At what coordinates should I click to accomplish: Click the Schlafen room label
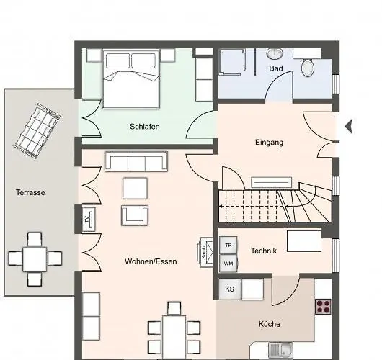point(145,127)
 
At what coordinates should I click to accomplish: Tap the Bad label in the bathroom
point(275,68)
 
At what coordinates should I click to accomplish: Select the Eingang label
point(269,143)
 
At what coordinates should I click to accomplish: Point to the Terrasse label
point(31,192)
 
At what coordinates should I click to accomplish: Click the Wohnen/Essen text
point(151,261)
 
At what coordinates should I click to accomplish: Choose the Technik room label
point(264,251)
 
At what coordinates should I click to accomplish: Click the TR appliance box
point(228,246)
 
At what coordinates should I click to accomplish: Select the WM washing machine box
point(228,264)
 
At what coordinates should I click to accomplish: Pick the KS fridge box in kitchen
point(229,289)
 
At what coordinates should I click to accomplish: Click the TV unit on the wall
point(87,219)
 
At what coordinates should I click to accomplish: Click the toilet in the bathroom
point(308,68)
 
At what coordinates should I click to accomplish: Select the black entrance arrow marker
point(349,127)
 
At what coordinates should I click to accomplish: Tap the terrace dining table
point(35,258)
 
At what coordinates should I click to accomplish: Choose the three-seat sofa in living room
point(136,161)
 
